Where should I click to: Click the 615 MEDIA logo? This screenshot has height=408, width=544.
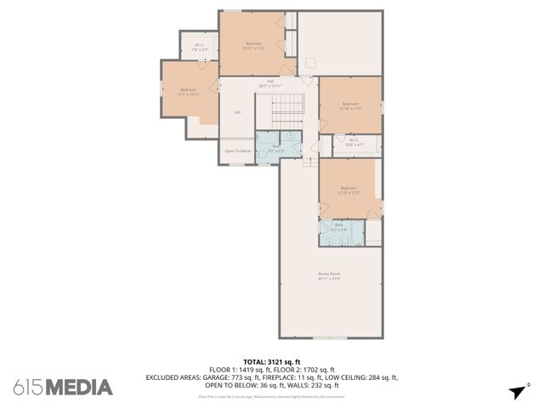point(62,388)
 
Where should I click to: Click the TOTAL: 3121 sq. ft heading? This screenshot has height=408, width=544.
point(271,362)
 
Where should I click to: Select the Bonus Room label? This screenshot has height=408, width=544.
point(329,275)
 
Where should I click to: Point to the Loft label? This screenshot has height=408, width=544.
point(237,112)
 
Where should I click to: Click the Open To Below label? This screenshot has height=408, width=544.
point(237,151)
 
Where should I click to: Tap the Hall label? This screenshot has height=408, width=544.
point(269,82)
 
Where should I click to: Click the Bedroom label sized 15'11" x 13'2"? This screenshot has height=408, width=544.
point(254,45)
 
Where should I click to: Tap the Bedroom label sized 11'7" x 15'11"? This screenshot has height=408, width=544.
point(188,92)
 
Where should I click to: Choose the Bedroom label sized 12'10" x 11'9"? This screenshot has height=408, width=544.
point(351,106)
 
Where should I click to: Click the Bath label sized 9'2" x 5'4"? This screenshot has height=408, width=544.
point(338,227)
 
